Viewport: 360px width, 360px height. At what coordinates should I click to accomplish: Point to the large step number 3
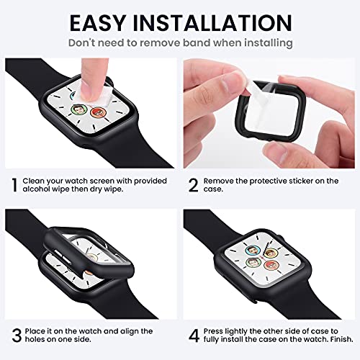[14, 336]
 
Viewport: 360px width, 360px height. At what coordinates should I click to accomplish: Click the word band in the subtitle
[202, 42]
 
